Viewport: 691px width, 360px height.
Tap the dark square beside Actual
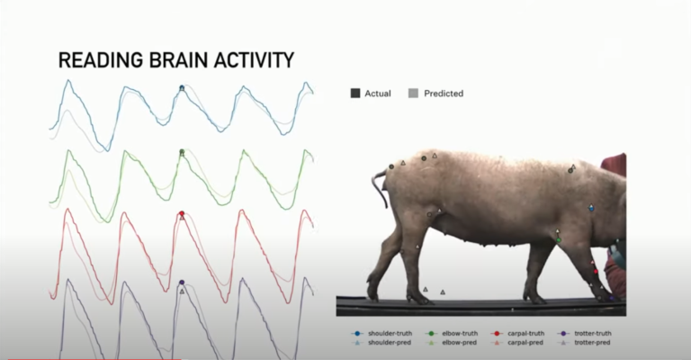[355, 93]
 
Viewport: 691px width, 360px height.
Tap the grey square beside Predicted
[413, 93]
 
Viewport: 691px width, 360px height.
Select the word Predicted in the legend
[444, 93]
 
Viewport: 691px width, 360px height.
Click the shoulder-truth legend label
[383, 334]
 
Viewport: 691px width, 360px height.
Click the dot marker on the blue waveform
[182, 87]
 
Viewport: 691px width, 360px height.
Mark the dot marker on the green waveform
[182, 152]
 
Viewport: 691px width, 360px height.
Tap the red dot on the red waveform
[182, 213]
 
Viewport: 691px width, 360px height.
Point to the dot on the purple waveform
[182, 283]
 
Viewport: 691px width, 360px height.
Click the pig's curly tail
[378, 184]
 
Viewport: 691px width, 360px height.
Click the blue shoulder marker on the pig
[591, 208]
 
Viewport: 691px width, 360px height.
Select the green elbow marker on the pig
[559, 239]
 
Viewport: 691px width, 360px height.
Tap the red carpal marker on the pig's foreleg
[595, 270]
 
